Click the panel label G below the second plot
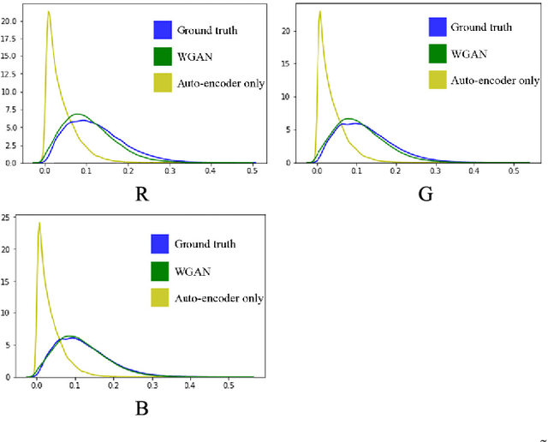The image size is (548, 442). pyautogui.click(x=424, y=194)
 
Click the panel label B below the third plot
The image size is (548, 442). pyautogui.click(x=142, y=408)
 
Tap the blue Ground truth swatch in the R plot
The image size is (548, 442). pyautogui.click(x=164, y=31)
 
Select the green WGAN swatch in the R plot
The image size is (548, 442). pyautogui.click(x=164, y=57)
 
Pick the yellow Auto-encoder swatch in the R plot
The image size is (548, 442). pyautogui.click(x=164, y=84)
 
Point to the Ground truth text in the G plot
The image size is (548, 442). pyautogui.click(x=483, y=27)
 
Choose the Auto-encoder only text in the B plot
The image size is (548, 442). pyautogui.click(x=218, y=298)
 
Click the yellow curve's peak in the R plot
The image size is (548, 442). pyautogui.click(x=48, y=12)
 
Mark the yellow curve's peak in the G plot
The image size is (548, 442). pyautogui.click(x=319, y=11)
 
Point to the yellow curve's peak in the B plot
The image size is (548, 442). pyautogui.click(x=39, y=224)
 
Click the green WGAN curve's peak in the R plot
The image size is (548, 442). pyautogui.click(x=78, y=114)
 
